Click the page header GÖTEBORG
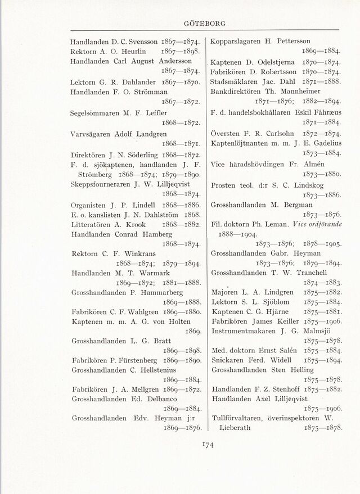205,24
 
